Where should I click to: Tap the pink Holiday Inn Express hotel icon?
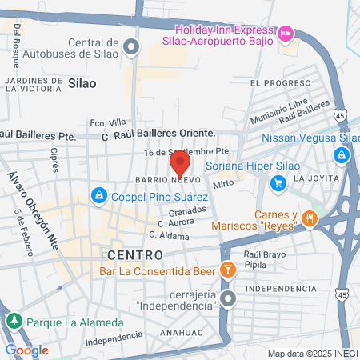[x=286, y=34]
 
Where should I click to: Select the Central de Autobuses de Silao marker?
[x=132, y=46]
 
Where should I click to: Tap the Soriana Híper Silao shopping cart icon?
[x=278, y=183]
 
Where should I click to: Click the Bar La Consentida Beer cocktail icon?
[x=227, y=270]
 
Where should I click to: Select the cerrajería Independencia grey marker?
[x=228, y=300]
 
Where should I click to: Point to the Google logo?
[x=26, y=350]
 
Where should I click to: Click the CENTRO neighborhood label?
[x=132, y=254]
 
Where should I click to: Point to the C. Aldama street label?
[x=169, y=237]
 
